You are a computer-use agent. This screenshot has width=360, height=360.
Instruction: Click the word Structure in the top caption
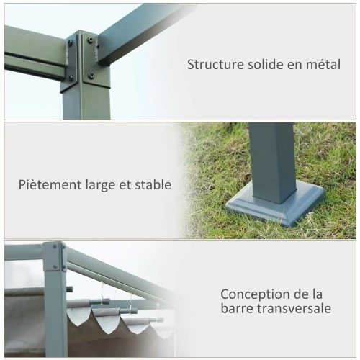(x=215, y=65)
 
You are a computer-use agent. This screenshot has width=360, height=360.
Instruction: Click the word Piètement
(x=50, y=185)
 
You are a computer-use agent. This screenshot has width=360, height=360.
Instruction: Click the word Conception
(x=254, y=294)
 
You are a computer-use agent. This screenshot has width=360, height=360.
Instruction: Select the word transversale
(x=294, y=308)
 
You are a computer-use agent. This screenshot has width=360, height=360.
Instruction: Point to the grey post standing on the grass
(x=273, y=163)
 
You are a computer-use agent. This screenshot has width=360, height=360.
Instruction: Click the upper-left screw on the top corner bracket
(x=71, y=43)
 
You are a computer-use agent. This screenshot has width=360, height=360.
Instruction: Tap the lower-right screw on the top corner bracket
(x=91, y=76)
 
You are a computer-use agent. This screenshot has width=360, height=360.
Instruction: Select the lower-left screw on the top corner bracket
(x=71, y=78)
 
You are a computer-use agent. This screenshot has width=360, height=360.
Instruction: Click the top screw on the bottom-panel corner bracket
(x=55, y=246)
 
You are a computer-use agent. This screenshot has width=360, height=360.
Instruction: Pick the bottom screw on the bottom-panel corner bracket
(x=55, y=266)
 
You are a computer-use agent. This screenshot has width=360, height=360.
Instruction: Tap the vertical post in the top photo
(x=86, y=101)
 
